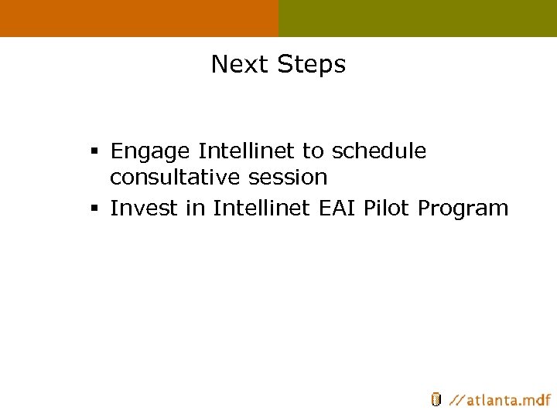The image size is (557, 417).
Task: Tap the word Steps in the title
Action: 311,65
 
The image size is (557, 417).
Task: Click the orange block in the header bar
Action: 139,18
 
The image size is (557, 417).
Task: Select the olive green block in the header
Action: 418,18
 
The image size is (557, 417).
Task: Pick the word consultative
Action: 176,178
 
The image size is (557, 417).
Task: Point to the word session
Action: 288,178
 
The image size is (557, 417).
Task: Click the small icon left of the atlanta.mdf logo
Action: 436,399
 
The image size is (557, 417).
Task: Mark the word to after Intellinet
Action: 313,151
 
